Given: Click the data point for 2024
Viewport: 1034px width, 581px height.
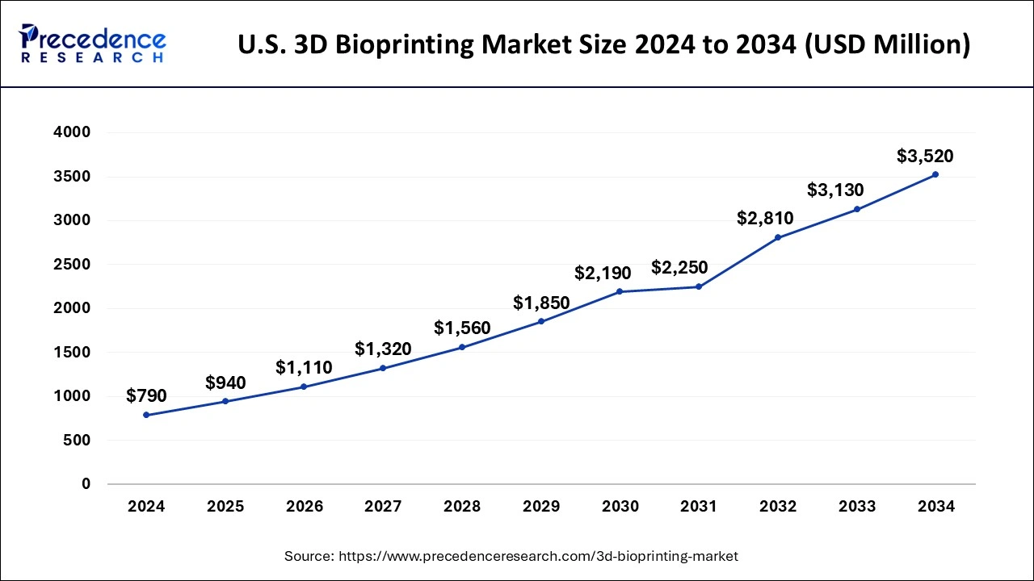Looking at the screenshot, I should coord(146,415).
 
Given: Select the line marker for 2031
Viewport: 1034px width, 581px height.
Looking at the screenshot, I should coord(699,286).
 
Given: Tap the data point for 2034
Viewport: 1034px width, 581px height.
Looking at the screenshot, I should coord(935,174).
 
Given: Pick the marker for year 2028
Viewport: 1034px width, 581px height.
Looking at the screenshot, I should coord(462,347).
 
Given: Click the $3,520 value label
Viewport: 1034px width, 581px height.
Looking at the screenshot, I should coord(925,157).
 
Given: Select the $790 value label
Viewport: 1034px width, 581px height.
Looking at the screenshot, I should coord(146,396).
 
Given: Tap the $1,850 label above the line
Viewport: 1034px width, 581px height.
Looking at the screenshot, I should coord(541,303).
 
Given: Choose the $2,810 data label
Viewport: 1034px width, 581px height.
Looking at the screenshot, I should coord(765,218).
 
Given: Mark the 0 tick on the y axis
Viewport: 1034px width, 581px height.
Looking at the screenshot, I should coord(86,484).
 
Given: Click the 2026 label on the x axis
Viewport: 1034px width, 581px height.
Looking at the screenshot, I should coord(305,507).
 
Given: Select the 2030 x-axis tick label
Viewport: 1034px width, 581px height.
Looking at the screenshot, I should coord(620,507).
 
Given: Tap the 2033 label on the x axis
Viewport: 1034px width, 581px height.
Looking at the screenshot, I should coord(857,507).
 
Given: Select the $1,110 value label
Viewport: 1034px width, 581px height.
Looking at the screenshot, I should coord(304,367).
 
